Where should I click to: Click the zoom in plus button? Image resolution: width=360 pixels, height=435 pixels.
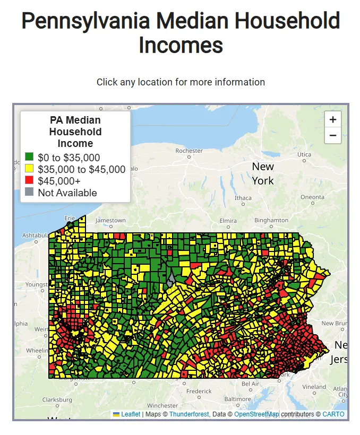333,119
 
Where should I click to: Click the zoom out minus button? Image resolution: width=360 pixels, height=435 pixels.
333,135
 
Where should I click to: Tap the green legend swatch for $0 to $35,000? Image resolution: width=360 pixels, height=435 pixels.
30,158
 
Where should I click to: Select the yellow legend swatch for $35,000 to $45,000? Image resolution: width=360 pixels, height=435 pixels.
30,169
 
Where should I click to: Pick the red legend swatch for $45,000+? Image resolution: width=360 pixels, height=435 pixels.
30,181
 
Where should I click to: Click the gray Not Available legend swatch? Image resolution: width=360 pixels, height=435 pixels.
30,193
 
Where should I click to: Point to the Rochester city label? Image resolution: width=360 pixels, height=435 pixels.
189,151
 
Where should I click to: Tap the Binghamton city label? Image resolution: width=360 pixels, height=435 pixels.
271,220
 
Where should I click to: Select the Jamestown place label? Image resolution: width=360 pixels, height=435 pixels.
110,220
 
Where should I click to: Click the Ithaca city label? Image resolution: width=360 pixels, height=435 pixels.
243,198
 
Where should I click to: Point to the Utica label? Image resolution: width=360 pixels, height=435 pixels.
304,154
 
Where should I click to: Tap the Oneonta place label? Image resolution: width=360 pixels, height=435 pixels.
312,197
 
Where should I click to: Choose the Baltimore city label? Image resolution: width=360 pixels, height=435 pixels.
237,399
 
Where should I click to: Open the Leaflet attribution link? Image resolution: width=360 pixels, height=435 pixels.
131,414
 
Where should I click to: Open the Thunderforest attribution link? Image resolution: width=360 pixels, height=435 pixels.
188,414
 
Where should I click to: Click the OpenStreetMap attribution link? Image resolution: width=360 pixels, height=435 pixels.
256,414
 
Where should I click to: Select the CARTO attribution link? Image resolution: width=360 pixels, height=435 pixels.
333,414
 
